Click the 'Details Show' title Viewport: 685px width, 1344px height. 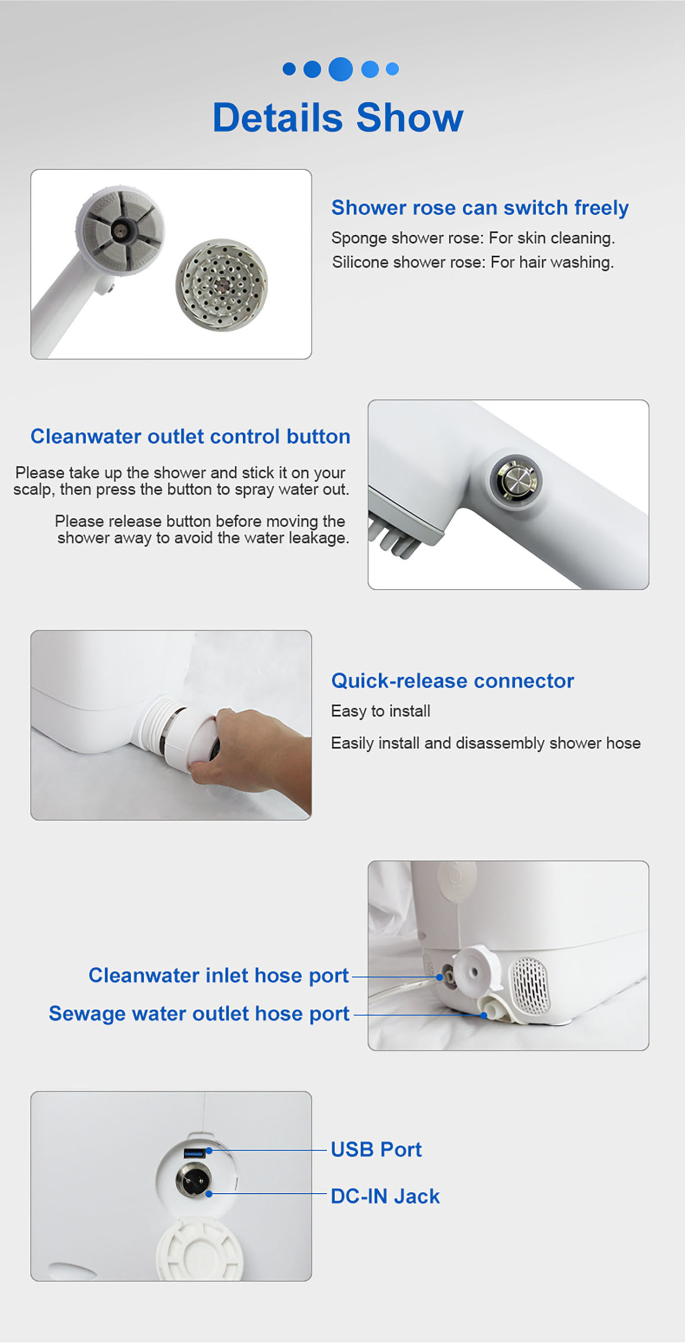(x=338, y=118)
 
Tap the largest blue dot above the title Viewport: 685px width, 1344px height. (x=340, y=69)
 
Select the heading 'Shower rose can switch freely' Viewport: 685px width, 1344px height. (x=480, y=208)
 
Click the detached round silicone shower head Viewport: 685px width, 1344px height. (x=221, y=285)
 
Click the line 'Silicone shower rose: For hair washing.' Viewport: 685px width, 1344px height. (x=472, y=262)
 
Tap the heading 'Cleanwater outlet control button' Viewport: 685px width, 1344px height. (x=190, y=437)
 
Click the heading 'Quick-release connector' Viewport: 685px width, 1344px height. (x=452, y=681)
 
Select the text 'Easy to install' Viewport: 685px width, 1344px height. (x=380, y=711)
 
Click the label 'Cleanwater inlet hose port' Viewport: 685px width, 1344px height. (x=219, y=975)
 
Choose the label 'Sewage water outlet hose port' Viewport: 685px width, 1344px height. (x=199, y=1014)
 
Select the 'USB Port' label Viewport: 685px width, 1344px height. (x=376, y=1150)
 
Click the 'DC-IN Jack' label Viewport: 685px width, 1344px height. (x=385, y=1196)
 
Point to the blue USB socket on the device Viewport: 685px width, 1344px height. (x=194, y=1153)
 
